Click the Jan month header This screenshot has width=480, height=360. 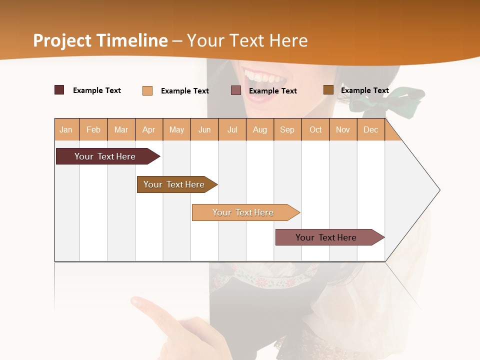point(66,129)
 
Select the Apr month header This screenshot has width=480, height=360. point(149,129)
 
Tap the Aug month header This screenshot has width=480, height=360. point(260,129)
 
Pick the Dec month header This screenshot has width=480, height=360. point(371,129)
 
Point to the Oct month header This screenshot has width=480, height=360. point(315,129)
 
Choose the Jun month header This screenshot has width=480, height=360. point(204,129)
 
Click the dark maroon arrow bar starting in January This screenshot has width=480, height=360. point(105,156)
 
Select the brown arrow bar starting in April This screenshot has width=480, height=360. point(174,184)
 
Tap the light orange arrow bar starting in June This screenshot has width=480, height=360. point(243,212)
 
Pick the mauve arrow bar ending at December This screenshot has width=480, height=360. point(326,237)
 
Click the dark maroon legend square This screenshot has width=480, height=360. point(59,90)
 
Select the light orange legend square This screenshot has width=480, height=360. point(147,90)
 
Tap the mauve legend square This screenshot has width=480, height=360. point(236,90)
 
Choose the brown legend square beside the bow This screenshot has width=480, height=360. point(328,90)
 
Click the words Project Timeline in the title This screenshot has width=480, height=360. point(100,40)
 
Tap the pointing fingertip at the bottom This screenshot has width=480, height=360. point(136,302)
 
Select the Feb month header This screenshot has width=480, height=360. point(93,129)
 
